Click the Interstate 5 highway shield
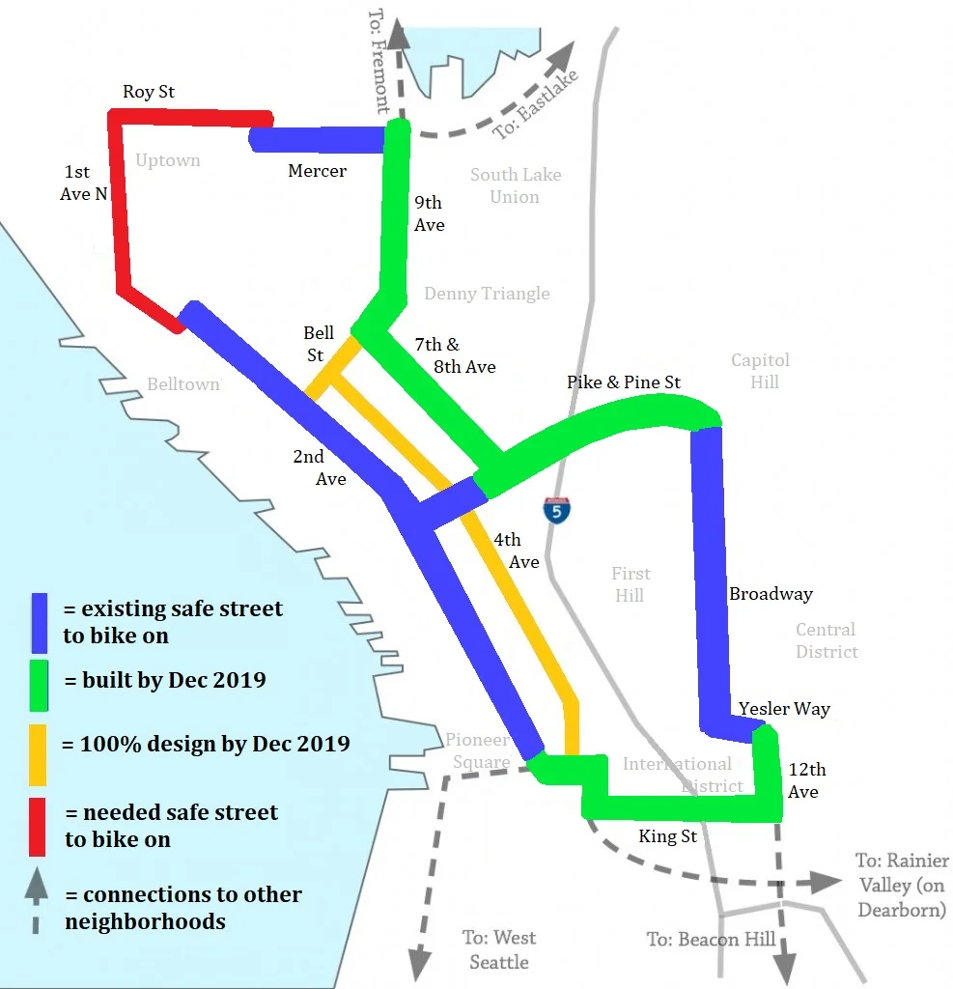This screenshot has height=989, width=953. click(556, 509)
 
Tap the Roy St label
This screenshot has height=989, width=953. click(149, 92)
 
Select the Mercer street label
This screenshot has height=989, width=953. click(317, 171)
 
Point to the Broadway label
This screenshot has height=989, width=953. click(771, 594)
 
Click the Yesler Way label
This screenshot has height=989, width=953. click(784, 709)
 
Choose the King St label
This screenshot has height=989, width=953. click(667, 835)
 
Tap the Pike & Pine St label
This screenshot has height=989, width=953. click(624, 382)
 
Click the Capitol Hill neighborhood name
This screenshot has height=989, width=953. click(760, 371)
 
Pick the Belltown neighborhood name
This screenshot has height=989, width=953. click(183, 384)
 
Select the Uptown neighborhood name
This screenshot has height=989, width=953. click(168, 160)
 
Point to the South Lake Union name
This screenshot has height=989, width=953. click(516, 185)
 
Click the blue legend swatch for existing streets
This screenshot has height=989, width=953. click(38, 621)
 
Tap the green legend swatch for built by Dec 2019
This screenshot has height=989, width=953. click(38, 681)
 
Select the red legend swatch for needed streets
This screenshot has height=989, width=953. click(38, 826)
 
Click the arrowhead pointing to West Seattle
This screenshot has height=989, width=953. click(419, 961)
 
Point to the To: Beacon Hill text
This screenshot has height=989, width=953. click(711, 939)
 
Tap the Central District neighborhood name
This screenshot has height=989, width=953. click(827, 640)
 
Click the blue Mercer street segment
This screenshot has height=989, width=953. click(319, 139)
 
